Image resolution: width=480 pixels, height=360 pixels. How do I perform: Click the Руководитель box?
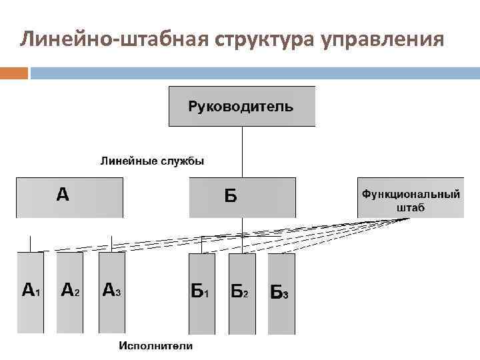pyautogui.click(x=241, y=106)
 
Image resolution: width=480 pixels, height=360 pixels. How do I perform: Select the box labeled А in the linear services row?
pyautogui.click(x=70, y=197)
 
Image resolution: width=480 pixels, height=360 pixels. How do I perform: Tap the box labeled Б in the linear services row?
pyautogui.click(x=242, y=197)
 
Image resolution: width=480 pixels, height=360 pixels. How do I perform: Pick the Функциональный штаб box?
pyautogui.click(x=411, y=197)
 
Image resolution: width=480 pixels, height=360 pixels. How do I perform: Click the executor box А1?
pyautogui.click(x=31, y=293)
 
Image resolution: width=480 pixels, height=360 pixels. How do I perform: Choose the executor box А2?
pyautogui.click(x=70, y=293)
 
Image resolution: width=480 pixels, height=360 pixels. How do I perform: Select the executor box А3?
pyautogui.click(x=111, y=293)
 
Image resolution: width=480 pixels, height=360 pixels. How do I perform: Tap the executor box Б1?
pyautogui.click(x=202, y=293)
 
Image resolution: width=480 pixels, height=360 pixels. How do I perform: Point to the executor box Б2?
pyautogui.click(x=241, y=293)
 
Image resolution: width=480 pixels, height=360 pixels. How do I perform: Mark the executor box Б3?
pyautogui.click(x=281, y=293)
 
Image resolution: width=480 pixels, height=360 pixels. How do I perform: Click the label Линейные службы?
pyautogui.click(x=153, y=161)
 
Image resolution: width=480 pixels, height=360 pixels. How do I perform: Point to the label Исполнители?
pyautogui.click(x=155, y=345)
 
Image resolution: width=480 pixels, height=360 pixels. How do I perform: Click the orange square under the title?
pyautogui.click(x=13, y=72)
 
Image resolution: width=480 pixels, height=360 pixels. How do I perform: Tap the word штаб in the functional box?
pyautogui.click(x=411, y=207)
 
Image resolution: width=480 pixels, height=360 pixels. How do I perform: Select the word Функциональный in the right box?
pyautogui.click(x=411, y=194)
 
